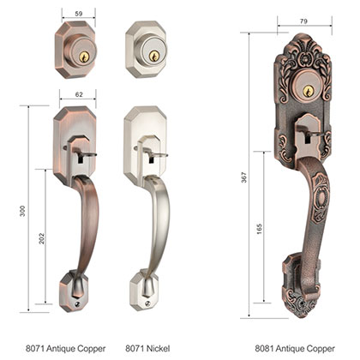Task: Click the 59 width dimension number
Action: point(78,13)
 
